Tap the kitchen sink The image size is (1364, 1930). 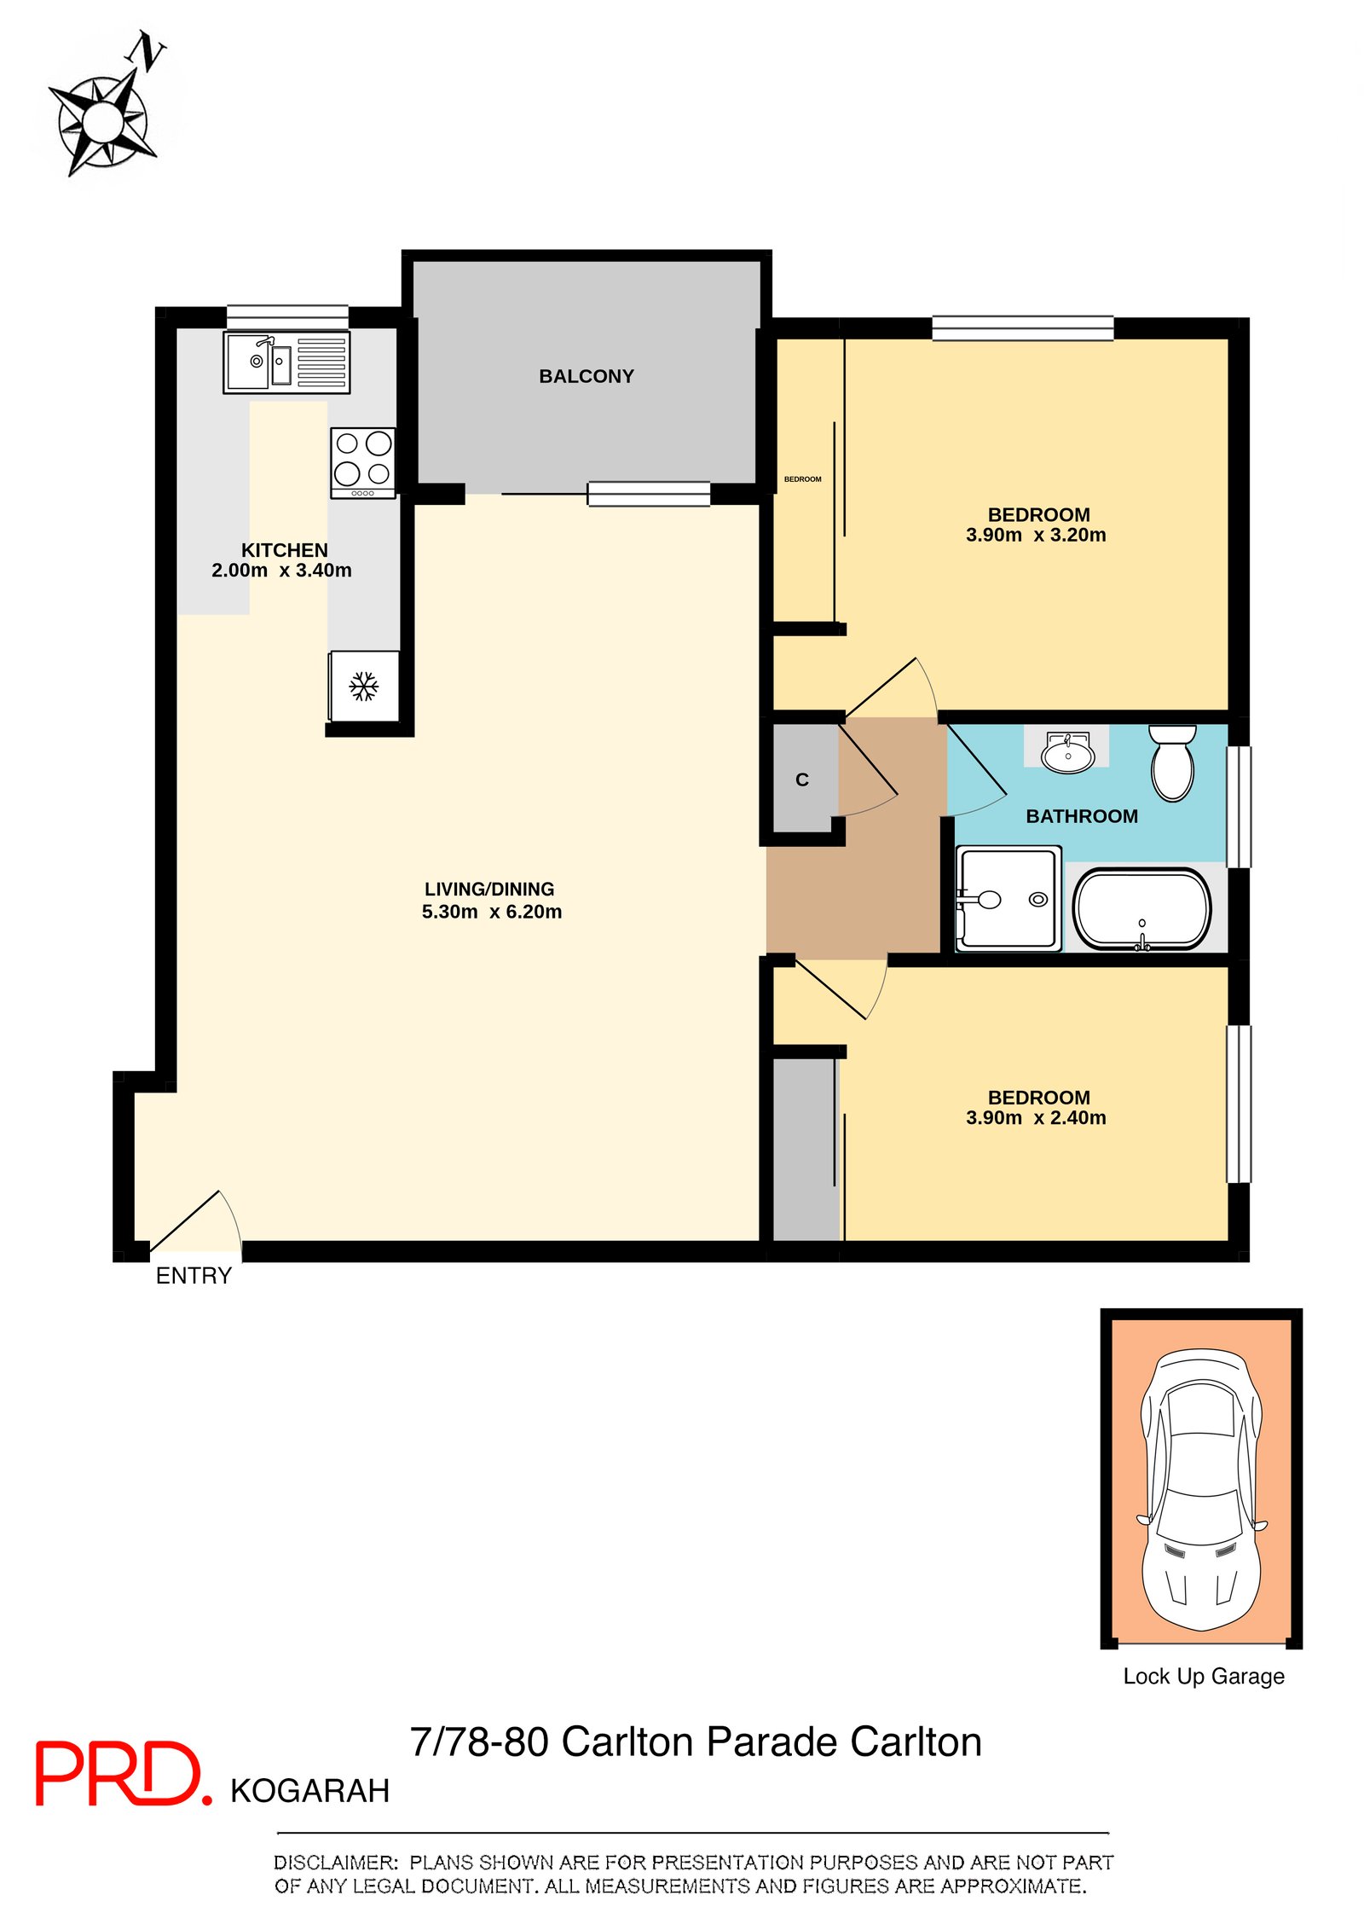(x=286, y=362)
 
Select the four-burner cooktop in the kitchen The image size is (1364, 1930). (x=363, y=462)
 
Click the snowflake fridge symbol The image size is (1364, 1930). (x=364, y=686)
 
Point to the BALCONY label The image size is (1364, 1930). (x=587, y=376)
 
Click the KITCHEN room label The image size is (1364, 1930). (x=285, y=550)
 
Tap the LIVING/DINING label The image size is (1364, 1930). (x=489, y=889)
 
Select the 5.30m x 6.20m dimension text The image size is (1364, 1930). (x=492, y=912)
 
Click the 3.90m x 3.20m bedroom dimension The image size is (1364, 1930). (x=1036, y=535)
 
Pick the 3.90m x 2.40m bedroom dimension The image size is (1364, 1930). (x=1036, y=1117)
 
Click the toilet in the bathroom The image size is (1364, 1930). (x=1173, y=762)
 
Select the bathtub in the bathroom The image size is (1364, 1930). (x=1141, y=909)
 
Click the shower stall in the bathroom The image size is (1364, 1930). (x=1009, y=898)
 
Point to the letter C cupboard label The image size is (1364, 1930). (x=802, y=780)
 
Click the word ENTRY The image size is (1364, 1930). (x=194, y=1276)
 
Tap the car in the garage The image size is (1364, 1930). (x=1201, y=1488)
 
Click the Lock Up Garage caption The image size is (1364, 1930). (x=1204, y=1677)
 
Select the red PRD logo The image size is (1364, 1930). (x=123, y=1774)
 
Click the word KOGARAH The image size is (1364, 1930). (x=310, y=1791)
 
